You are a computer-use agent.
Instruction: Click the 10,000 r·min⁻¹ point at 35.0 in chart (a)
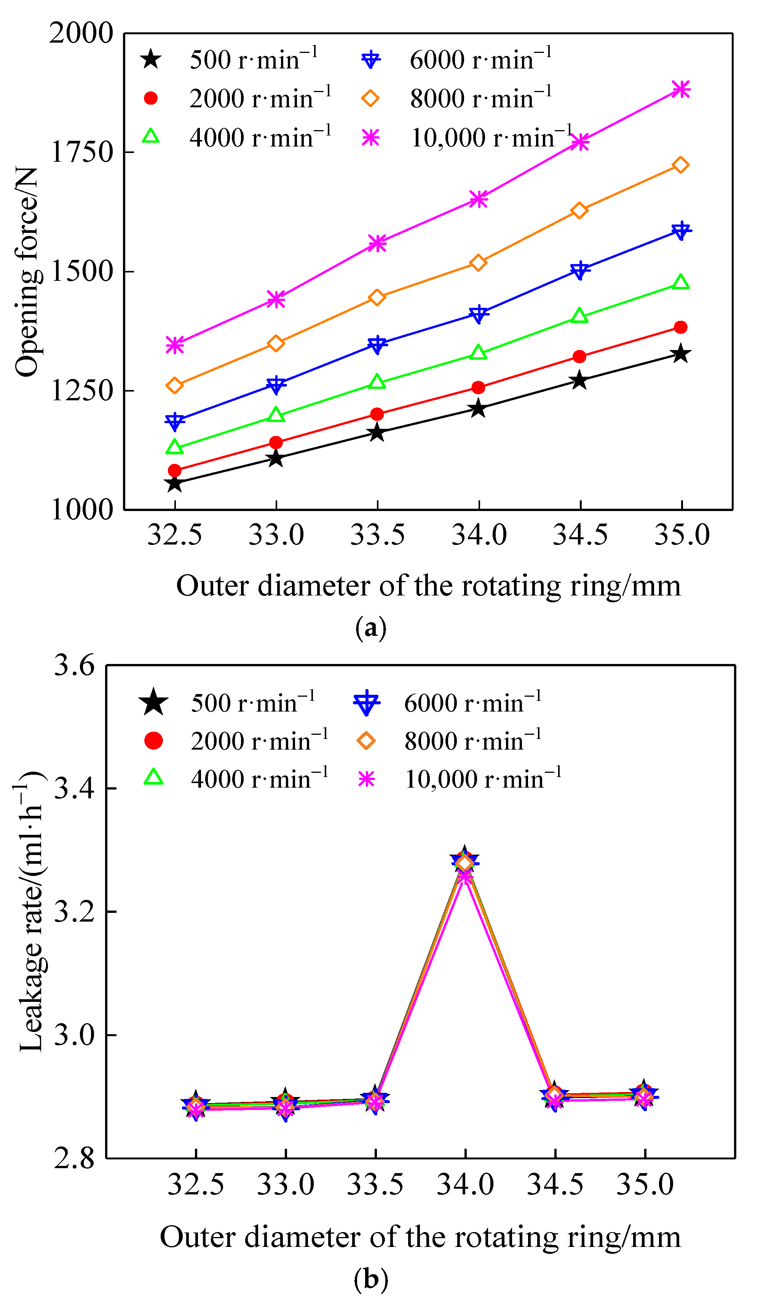[x=680, y=89]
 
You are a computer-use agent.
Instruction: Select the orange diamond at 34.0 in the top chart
[x=478, y=263]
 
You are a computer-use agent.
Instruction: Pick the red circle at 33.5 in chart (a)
[x=377, y=414]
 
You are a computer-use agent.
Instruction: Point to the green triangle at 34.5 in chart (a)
[x=579, y=316]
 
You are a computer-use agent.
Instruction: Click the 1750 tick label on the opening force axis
[x=81, y=152]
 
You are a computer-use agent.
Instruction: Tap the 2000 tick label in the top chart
[x=81, y=33]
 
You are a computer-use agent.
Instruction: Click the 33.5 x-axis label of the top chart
[x=377, y=535]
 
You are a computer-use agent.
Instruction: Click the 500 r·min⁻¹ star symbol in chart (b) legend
[x=153, y=703]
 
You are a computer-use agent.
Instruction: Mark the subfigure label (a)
[x=371, y=628]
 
